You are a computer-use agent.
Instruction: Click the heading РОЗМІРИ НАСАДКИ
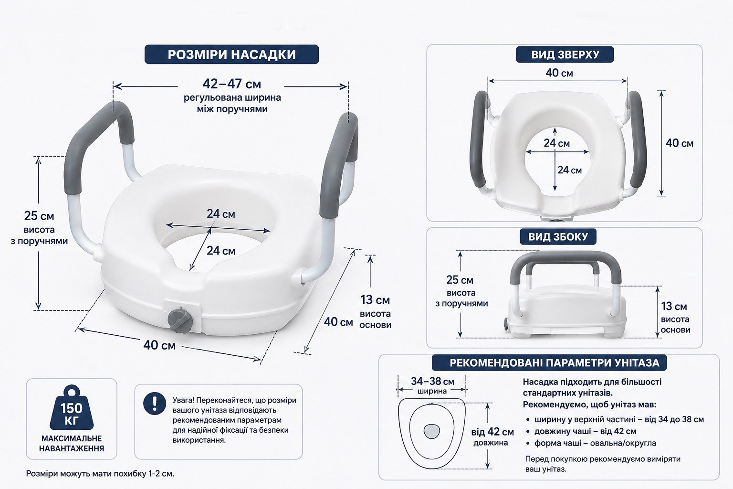point(231,54)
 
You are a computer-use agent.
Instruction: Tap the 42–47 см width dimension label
point(231,84)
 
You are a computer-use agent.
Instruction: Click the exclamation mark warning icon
point(155,404)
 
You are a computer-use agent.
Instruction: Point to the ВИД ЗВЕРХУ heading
point(565,54)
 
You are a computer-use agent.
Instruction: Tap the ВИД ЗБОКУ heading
point(558,236)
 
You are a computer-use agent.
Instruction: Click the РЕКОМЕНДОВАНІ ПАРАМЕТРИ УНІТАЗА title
point(555,362)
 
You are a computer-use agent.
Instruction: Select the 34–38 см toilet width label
point(433,382)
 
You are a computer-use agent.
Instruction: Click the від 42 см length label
point(492,432)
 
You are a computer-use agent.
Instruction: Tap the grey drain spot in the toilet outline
point(432,431)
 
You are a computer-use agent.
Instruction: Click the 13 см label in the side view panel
point(674,306)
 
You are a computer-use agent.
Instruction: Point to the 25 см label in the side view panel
point(460,280)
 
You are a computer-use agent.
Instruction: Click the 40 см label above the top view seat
point(559,73)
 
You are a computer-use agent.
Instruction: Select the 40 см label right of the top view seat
point(680,143)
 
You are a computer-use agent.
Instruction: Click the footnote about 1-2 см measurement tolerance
point(100,474)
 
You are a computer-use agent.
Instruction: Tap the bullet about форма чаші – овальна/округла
point(595,443)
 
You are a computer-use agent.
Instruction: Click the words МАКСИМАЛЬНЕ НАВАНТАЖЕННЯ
point(72,444)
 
